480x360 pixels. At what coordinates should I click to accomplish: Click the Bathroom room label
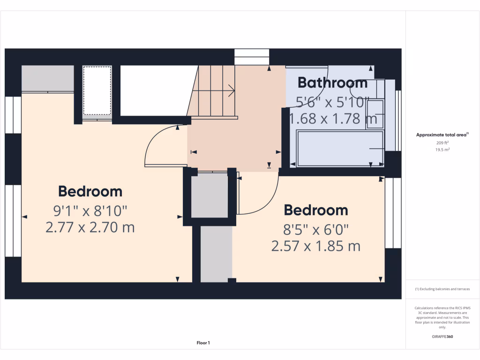pos(332,83)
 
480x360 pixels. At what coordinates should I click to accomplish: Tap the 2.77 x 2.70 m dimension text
pos(90,228)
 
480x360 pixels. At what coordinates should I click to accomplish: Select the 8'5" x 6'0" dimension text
pos(315,230)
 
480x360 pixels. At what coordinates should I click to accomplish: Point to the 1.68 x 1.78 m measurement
pos(333,119)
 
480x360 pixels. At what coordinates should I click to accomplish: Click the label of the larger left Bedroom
pos(90,191)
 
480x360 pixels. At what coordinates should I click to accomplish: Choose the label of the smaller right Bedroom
pos(315,210)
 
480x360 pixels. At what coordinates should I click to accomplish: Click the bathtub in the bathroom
pos(340,149)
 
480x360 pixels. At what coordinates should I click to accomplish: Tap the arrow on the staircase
pos(231,90)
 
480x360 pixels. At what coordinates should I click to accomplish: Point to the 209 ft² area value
pos(442,142)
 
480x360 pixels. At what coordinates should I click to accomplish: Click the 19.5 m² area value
pos(442,150)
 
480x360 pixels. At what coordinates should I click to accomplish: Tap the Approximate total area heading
pos(442,135)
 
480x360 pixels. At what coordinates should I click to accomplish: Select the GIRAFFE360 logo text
pos(442,337)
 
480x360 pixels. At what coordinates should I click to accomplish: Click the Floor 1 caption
pos(203,343)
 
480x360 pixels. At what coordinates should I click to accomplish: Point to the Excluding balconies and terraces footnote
pos(442,289)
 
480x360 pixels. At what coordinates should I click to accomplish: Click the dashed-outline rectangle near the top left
pos(97,90)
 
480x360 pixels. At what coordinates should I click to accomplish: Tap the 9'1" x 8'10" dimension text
pos(90,210)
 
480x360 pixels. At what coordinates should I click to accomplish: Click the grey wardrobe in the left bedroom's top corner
pos(48,79)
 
